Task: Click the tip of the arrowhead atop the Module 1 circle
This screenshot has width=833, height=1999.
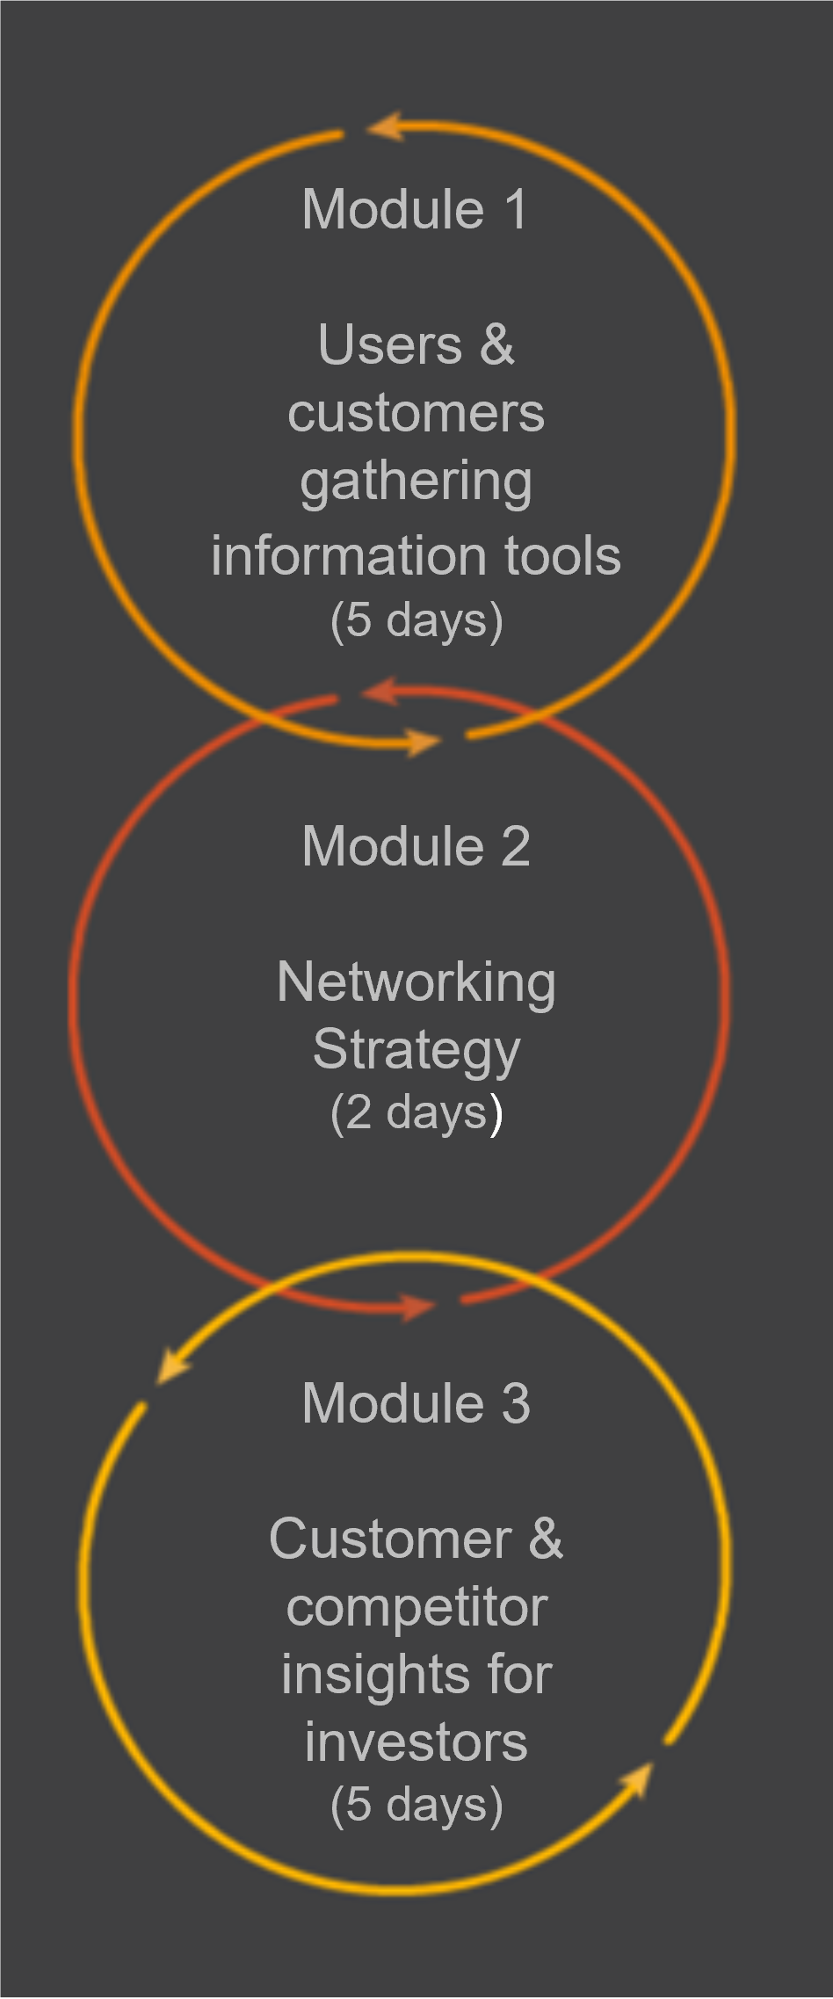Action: coord(367,127)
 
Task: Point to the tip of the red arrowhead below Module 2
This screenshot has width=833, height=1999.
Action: coord(437,1306)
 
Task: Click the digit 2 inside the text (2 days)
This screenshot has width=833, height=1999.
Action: coord(359,1112)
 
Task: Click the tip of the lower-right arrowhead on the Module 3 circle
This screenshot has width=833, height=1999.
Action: coord(653,1762)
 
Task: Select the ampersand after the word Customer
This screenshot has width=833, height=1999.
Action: coord(546,1539)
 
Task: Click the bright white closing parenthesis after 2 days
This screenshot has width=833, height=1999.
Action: coord(496,1114)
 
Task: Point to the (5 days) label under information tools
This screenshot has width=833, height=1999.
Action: coord(416,621)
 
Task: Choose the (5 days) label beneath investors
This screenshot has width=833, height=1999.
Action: coord(416,1807)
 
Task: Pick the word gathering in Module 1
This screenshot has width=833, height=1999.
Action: coord(416,484)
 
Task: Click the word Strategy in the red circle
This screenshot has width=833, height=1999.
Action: coord(416,1052)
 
